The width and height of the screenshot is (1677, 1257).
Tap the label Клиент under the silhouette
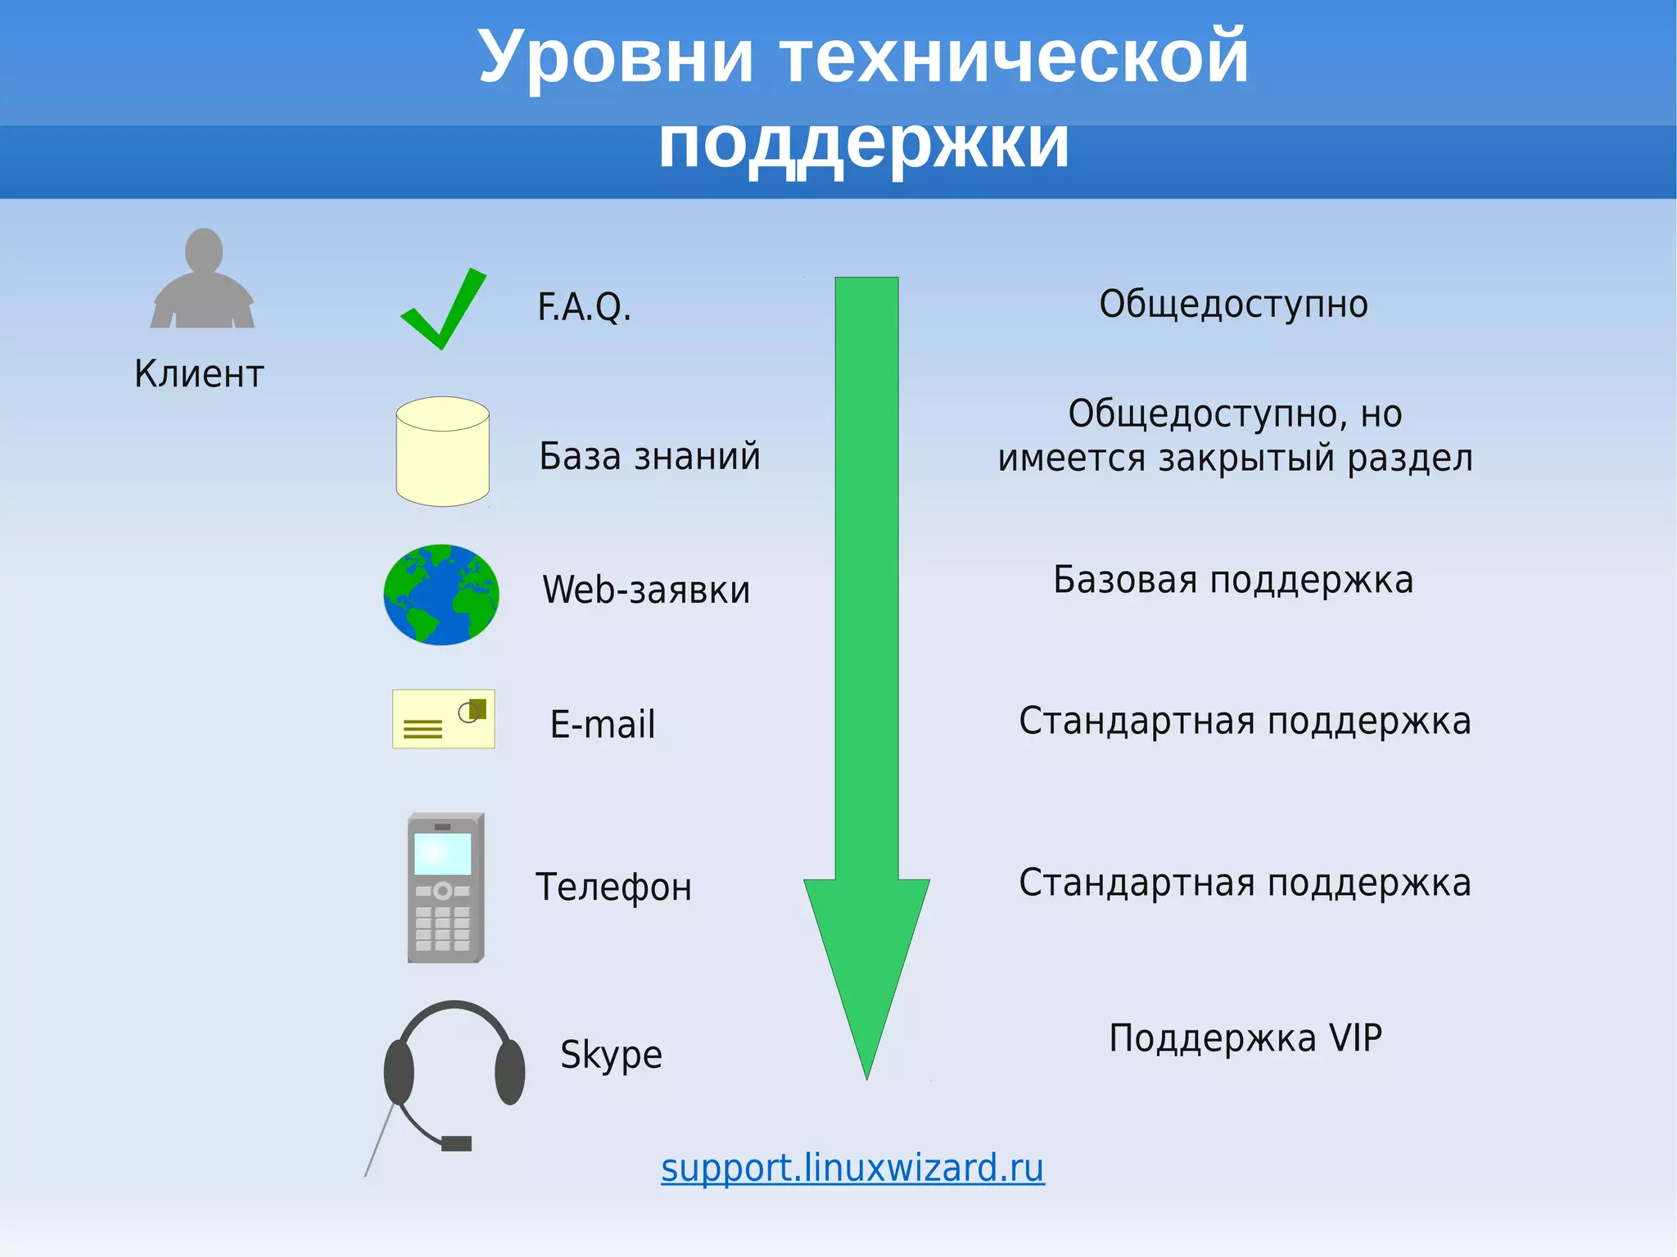(199, 374)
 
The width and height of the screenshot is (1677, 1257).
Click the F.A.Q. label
(584, 307)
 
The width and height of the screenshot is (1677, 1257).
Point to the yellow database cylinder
(443, 452)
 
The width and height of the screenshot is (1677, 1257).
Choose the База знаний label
(649, 456)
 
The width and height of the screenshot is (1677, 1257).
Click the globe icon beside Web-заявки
(441, 595)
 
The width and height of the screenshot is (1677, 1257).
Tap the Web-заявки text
(646, 590)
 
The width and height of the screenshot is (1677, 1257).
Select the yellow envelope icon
(443, 719)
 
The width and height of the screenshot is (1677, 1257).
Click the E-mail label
(603, 725)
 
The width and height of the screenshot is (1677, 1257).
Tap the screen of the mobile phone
(443, 854)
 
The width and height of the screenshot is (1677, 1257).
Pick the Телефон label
(613, 887)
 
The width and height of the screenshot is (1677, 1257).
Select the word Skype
(611, 1055)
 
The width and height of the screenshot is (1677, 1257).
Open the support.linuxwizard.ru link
(852, 1168)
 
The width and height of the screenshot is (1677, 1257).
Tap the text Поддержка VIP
(1245, 1038)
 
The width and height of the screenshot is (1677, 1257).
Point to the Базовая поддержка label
(1233, 580)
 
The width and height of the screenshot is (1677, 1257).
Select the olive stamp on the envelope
(478, 708)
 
